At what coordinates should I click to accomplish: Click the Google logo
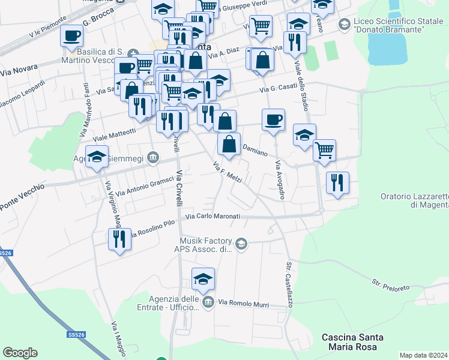click(x=20, y=353)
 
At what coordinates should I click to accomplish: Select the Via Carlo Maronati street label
click(x=212, y=217)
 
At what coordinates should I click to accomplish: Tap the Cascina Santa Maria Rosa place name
click(x=349, y=342)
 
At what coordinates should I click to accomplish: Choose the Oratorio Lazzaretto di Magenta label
click(x=415, y=200)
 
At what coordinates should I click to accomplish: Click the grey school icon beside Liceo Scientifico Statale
click(x=344, y=24)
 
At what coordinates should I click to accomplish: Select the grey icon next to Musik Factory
click(x=241, y=243)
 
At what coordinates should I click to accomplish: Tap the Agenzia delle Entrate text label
click(x=173, y=303)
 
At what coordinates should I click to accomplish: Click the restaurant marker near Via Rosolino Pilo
click(x=119, y=239)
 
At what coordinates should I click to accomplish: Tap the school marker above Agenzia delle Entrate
click(x=203, y=279)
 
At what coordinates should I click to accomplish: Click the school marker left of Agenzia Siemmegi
click(x=97, y=157)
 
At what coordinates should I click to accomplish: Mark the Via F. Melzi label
click(x=228, y=172)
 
